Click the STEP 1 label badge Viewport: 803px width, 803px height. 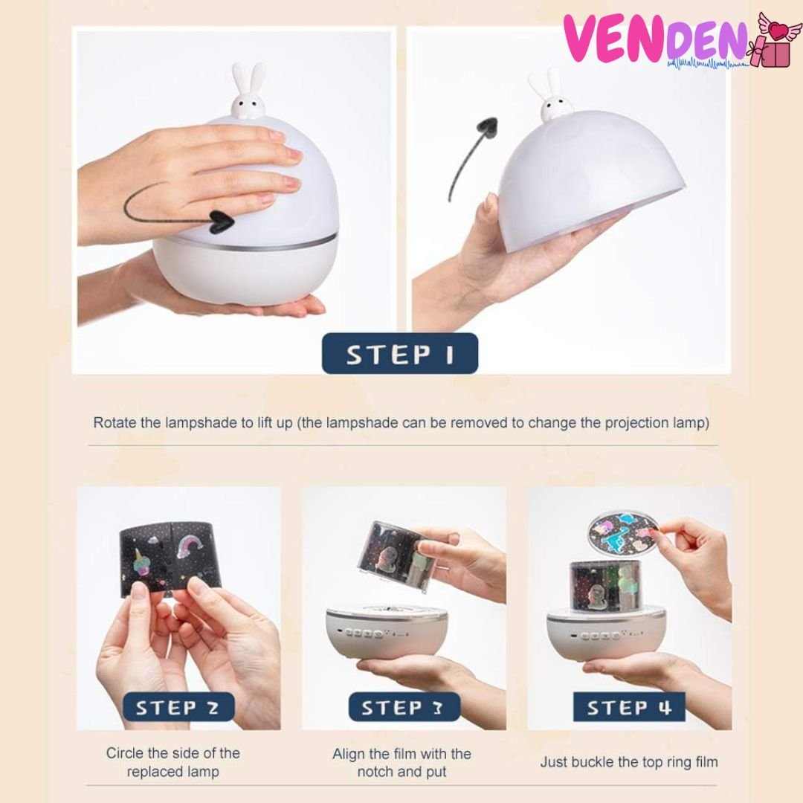[x=399, y=353]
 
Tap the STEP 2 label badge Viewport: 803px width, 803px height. [x=178, y=707]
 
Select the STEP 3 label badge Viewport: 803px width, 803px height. [x=404, y=707]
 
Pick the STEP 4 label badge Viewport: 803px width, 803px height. [x=629, y=707]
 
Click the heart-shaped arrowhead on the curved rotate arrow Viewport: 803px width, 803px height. [x=222, y=222]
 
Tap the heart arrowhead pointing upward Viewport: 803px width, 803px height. [x=486, y=126]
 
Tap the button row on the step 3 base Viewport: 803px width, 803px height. [x=364, y=634]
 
